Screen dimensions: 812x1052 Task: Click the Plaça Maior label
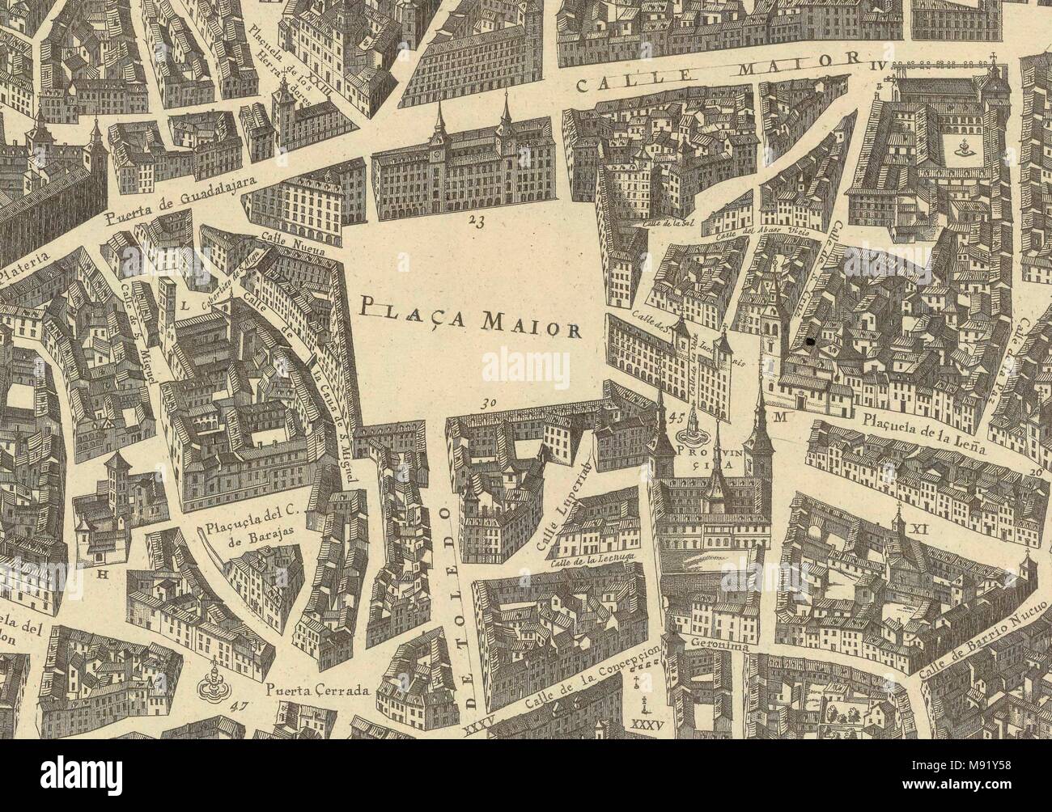pos(469,316)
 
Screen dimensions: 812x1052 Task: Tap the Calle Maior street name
pos(717,71)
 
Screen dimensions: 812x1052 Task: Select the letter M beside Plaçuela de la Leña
pos(780,417)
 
